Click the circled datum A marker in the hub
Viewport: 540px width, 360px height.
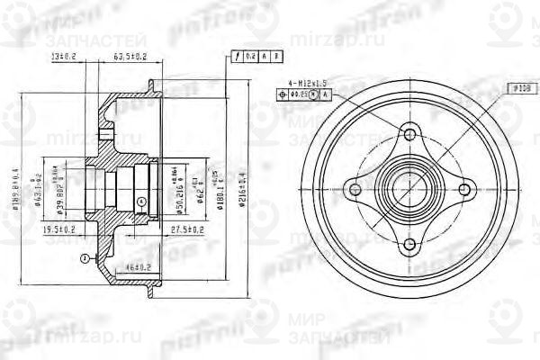pos(141,200)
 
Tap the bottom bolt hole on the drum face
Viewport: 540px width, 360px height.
pos(409,244)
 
